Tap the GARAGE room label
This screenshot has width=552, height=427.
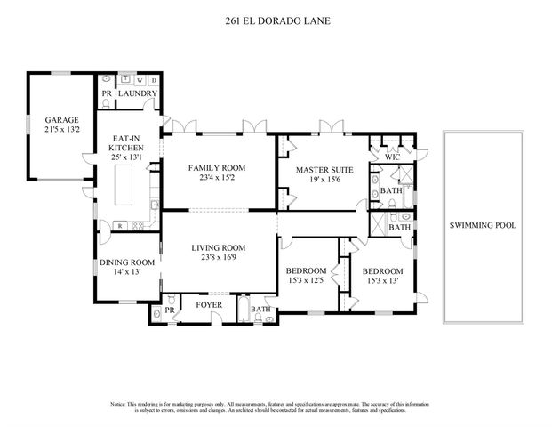pyautogui.click(x=62, y=120)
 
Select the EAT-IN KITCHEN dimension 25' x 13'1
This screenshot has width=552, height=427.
pyautogui.click(x=128, y=157)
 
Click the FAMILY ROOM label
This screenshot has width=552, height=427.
pyautogui.click(x=216, y=167)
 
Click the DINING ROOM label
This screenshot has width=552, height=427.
pyautogui.click(x=127, y=262)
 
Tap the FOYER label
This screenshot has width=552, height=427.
pyautogui.click(x=209, y=304)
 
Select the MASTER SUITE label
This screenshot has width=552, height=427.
pyautogui.click(x=324, y=169)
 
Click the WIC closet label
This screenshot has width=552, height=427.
pyautogui.click(x=392, y=157)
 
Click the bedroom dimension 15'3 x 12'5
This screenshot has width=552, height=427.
pyautogui.click(x=308, y=281)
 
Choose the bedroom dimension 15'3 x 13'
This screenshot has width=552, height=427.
pyautogui.click(x=381, y=281)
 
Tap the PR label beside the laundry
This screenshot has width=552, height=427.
pyautogui.click(x=107, y=93)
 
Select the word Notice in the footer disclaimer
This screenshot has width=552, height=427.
pyautogui.click(x=119, y=404)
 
